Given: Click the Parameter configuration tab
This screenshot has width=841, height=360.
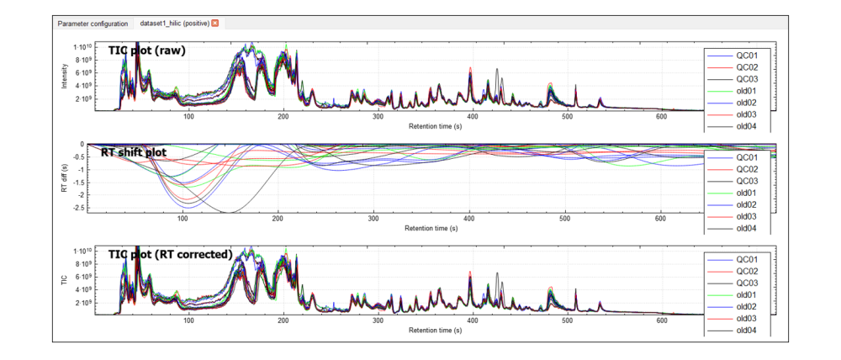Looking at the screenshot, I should click(x=93, y=24).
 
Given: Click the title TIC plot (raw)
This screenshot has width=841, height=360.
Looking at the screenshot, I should click(x=146, y=50).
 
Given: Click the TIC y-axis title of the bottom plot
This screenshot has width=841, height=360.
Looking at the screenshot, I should click(x=65, y=279).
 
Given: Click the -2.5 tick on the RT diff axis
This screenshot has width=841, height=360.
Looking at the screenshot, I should click(x=78, y=208).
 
